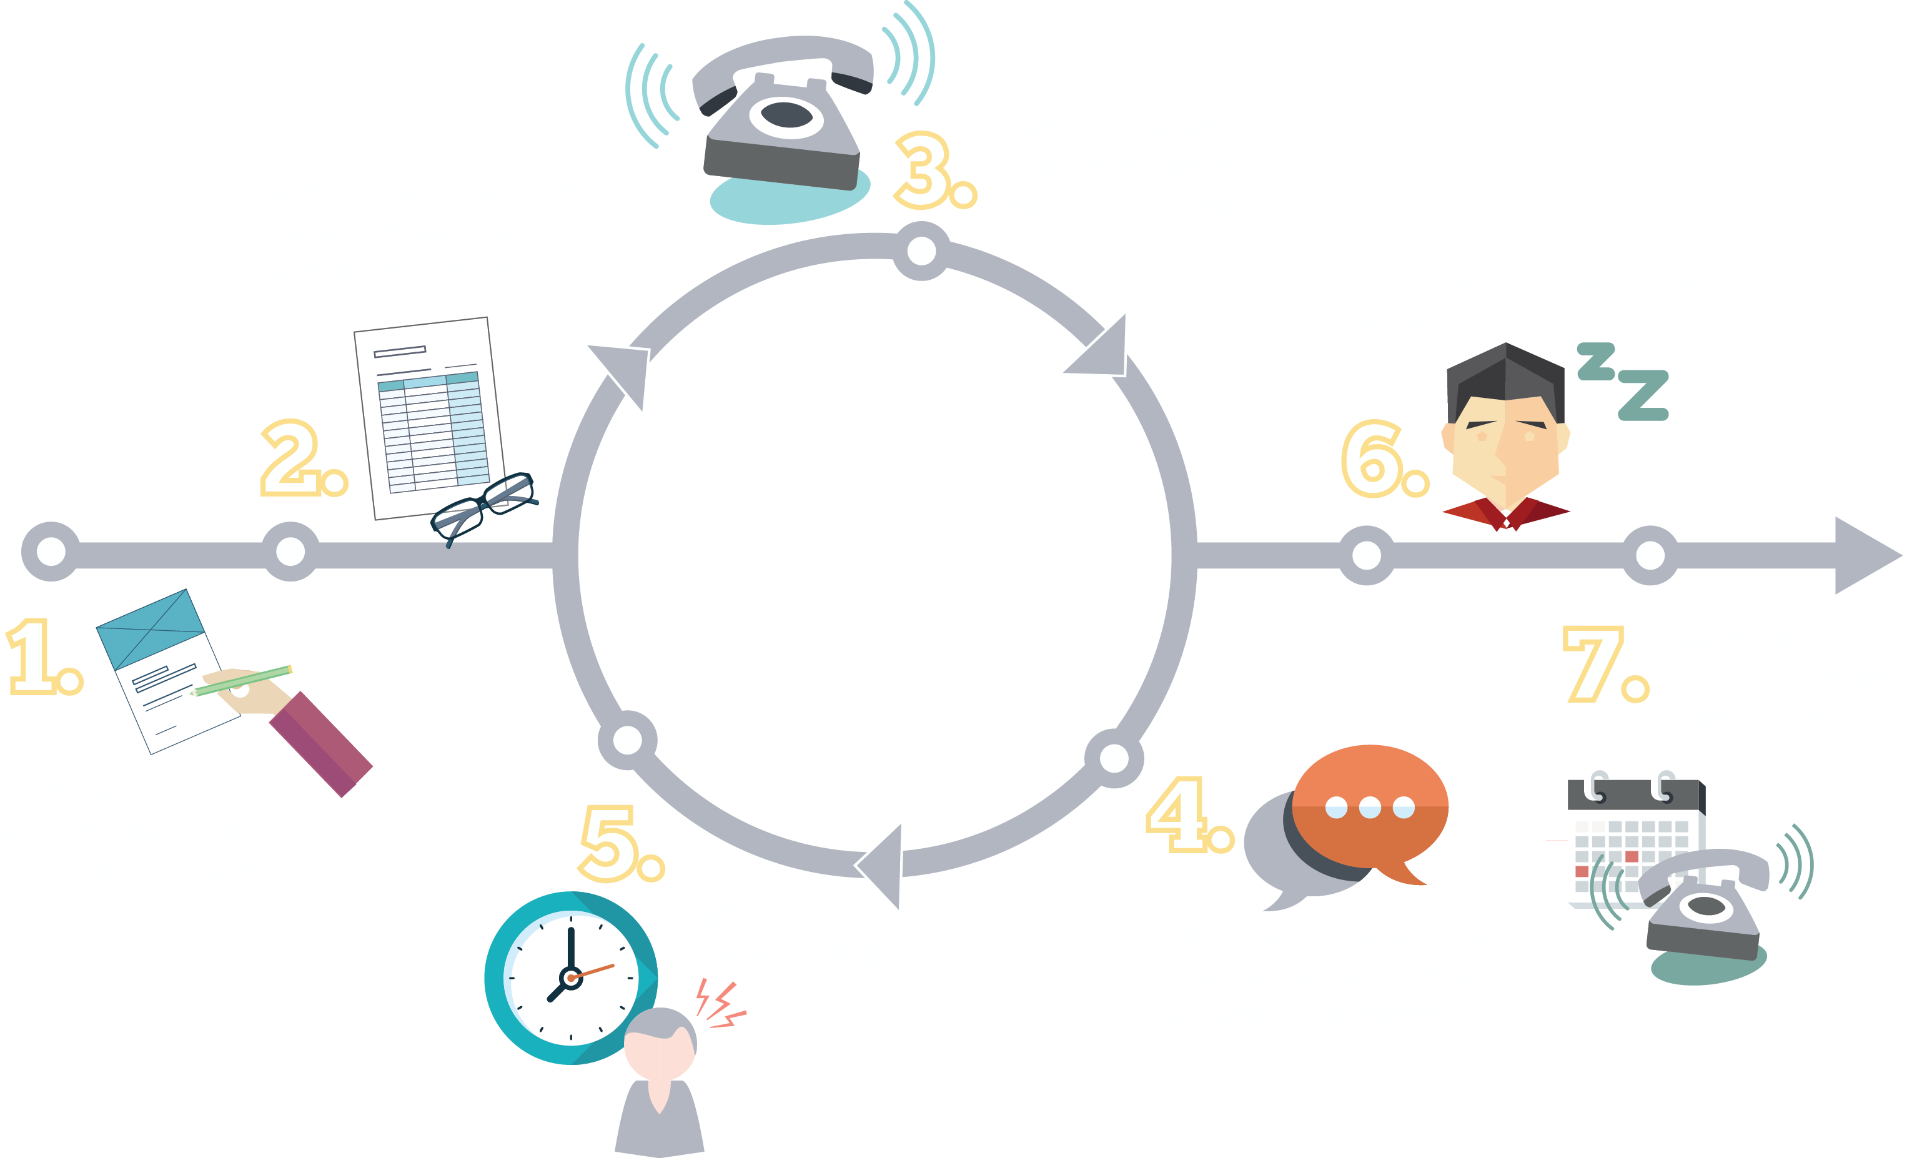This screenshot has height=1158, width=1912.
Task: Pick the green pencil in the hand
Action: coord(243,681)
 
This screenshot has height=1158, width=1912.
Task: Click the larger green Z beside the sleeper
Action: coord(1643,396)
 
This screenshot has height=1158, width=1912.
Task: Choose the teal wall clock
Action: coord(570,978)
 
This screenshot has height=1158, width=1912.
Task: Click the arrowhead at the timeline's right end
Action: coord(1866,556)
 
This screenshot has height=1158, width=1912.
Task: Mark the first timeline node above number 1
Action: coord(51,552)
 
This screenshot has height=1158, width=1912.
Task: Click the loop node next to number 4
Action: coord(1114,758)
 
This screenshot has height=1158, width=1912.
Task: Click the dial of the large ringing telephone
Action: coord(786,116)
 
